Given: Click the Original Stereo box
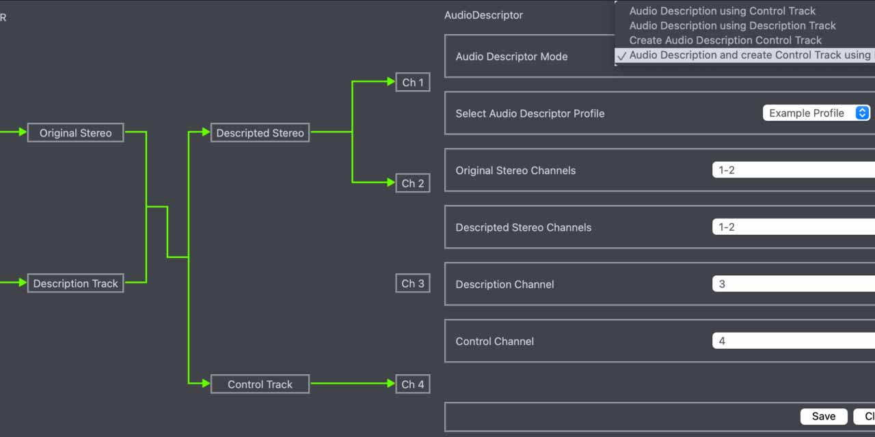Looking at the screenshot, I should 75,132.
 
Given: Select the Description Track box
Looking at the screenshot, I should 75,283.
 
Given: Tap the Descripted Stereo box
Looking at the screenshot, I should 260,132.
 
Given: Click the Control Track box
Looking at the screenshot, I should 260,384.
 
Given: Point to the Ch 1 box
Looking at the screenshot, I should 413,83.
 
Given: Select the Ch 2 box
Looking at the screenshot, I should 413,183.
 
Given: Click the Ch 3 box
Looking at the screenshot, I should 413,283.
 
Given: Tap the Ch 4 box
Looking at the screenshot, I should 413,384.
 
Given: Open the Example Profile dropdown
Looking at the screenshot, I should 816,113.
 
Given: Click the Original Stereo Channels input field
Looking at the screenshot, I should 793,170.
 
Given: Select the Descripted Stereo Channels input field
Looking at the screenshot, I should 793,227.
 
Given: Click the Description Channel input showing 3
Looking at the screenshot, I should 793,284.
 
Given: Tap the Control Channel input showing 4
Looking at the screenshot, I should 793,341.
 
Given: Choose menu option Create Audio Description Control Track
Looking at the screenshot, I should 725,40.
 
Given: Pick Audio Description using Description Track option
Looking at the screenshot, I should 732,25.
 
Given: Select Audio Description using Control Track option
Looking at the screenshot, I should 722,11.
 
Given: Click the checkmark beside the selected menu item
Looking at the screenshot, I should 621,56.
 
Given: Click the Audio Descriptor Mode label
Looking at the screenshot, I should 511,57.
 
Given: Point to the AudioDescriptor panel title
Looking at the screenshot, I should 483,15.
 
